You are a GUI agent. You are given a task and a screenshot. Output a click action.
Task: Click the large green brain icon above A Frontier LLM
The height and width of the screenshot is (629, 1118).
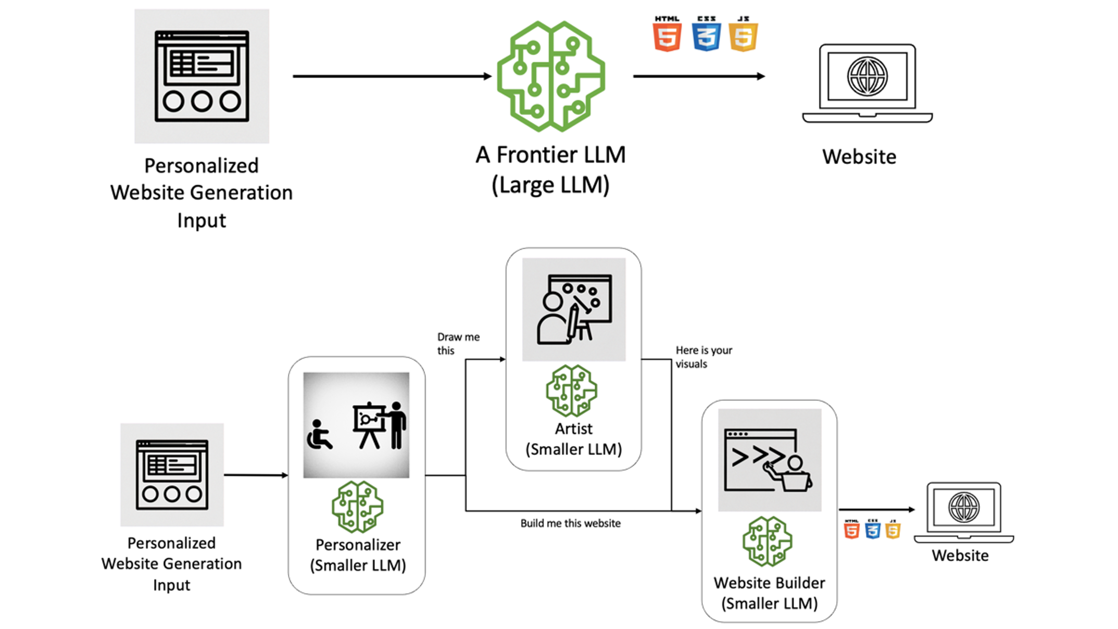[551, 76]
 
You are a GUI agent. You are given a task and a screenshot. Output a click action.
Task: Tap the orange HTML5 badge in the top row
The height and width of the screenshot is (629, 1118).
[667, 34]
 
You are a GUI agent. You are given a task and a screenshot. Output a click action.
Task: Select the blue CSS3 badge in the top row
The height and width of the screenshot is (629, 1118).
[706, 34]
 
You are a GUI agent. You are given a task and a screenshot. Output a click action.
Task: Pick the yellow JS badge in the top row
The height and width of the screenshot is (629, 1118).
[744, 34]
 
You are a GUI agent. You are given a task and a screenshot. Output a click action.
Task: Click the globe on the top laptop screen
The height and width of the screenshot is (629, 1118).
[867, 77]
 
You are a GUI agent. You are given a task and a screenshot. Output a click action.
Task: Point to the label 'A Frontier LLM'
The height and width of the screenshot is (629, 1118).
[550, 155]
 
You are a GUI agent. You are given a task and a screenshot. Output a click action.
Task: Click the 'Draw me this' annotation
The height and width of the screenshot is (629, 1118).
[458, 344]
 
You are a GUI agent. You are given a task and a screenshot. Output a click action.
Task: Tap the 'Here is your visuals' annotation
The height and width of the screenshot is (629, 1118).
[704, 357]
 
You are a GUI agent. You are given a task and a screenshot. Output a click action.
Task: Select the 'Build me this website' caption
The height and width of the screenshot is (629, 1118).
[570, 523]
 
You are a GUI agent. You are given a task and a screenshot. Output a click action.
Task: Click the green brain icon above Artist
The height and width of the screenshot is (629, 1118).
[572, 391]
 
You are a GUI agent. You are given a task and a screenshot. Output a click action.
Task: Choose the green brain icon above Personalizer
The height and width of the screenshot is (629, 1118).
[358, 507]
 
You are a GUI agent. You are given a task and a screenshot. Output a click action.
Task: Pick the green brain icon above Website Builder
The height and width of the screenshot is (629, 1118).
[768, 542]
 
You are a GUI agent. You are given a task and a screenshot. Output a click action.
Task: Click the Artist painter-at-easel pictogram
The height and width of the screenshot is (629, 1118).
[574, 309]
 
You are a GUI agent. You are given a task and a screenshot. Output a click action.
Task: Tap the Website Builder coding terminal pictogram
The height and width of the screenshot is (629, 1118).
[769, 460]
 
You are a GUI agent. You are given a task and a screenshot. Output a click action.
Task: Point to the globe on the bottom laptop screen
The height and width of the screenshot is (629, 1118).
[964, 507]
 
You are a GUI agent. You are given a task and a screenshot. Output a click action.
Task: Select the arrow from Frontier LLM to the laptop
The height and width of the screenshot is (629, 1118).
[698, 76]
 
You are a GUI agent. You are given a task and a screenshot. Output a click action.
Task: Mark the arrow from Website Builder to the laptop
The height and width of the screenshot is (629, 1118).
[876, 509]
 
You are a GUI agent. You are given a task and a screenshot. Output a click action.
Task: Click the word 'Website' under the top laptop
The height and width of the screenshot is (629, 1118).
[859, 157]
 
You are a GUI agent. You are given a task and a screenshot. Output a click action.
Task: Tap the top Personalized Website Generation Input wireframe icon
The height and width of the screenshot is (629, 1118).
[202, 76]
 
